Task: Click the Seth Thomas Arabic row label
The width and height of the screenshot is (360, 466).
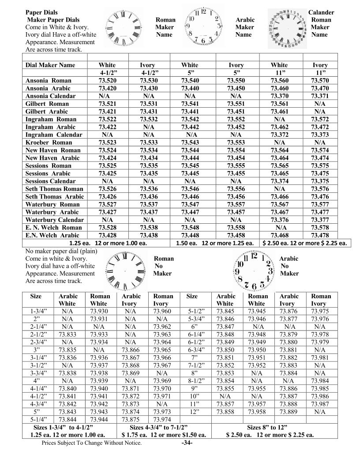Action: point(54,196)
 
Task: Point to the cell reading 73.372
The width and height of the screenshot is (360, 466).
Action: point(281,135)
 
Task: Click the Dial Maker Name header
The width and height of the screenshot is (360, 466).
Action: point(50,65)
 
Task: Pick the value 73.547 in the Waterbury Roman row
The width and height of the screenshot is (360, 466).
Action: point(193,204)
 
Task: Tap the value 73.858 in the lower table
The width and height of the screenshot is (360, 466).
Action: point(225,412)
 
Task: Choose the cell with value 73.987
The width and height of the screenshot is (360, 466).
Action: point(322,404)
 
